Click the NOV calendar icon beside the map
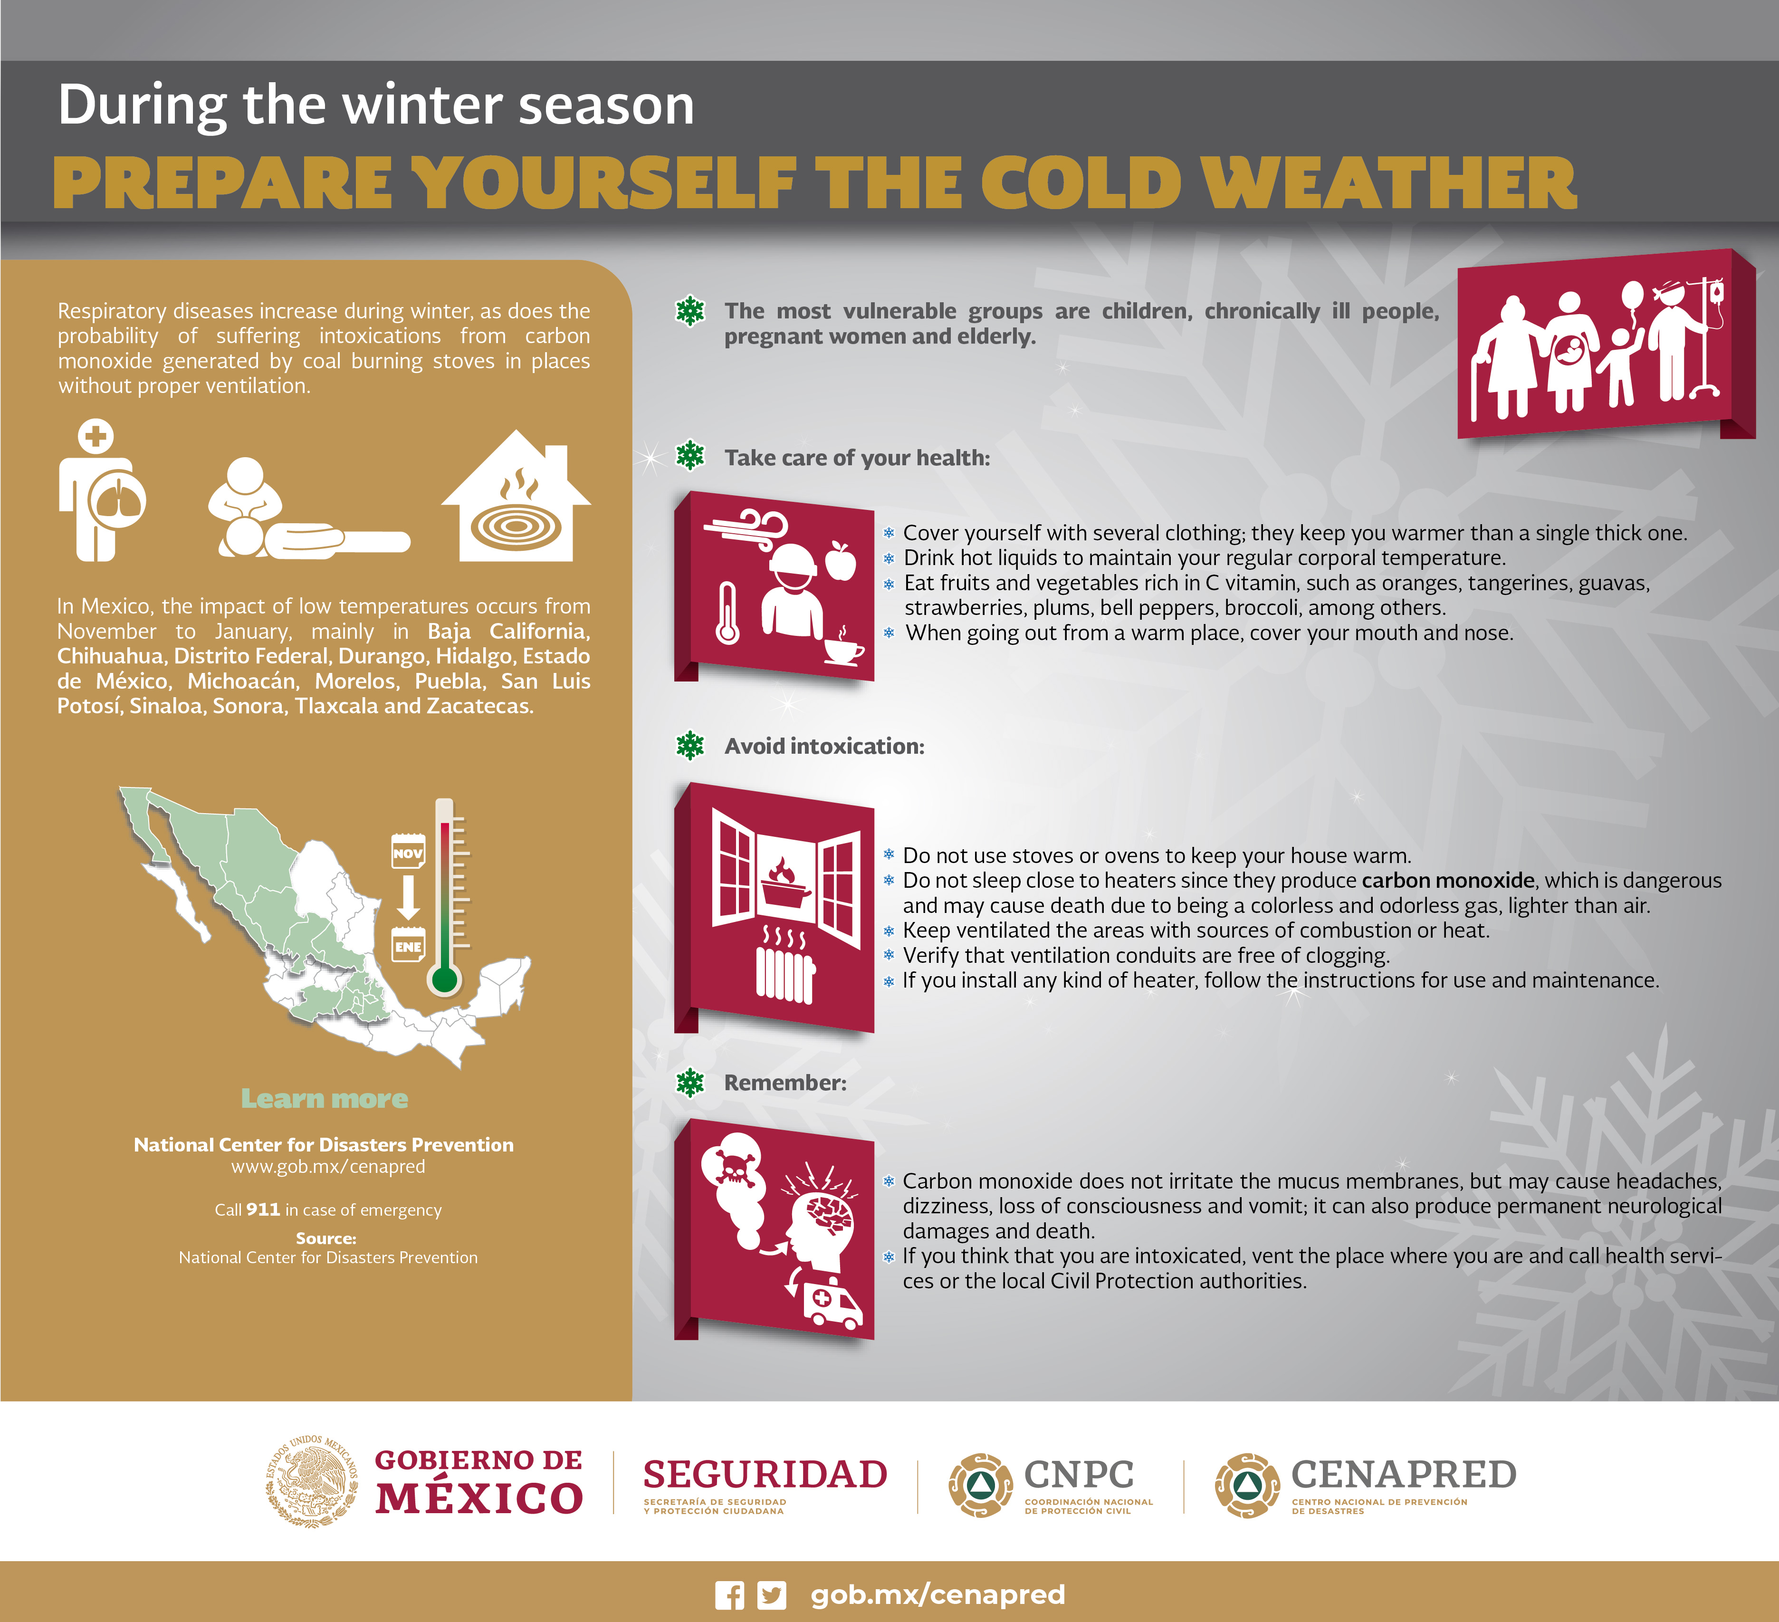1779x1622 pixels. coord(408,851)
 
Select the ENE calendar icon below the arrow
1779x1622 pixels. coord(408,944)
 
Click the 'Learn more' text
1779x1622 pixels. coord(325,1099)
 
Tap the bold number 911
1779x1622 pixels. coord(263,1209)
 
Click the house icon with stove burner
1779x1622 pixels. coord(516,496)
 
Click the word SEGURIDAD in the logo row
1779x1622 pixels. coord(765,1475)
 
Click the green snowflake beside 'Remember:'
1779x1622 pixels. coord(690,1082)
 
